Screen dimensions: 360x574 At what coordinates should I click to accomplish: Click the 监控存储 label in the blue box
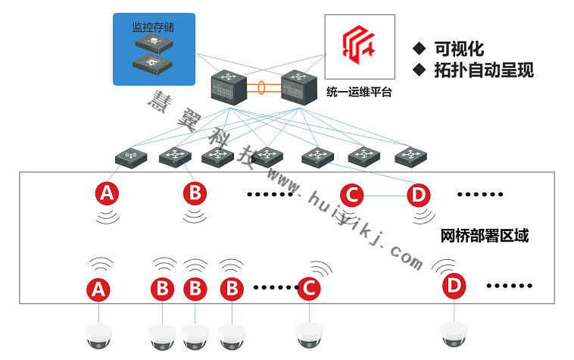pos(153,27)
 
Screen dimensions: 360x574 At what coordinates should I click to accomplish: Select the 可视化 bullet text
pos(458,49)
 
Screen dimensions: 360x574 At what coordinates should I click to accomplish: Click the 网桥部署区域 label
pos(484,236)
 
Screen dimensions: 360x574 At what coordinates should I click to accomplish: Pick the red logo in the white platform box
pos(355,44)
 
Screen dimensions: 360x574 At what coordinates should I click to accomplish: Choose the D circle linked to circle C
pos(418,195)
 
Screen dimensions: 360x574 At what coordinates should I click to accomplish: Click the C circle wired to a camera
pos(308,288)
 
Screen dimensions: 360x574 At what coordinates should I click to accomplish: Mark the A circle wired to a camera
pos(97,288)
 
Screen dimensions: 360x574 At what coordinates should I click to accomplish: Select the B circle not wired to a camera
pos(195,194)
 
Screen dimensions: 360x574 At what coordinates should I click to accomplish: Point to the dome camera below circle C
pos(309,336)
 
